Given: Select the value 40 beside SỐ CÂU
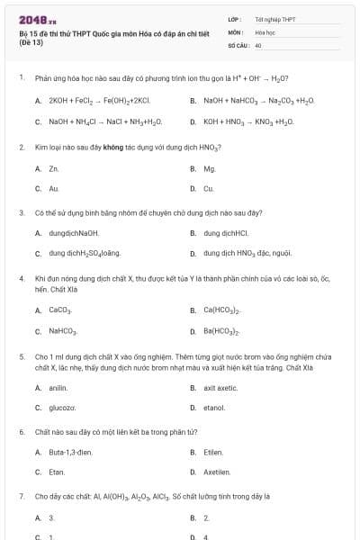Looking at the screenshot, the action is pos(258,44).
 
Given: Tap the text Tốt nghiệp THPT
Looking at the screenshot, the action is pos(274,19).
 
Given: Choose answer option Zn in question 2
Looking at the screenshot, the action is pos(54,168).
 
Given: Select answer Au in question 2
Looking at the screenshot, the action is pos(54,189).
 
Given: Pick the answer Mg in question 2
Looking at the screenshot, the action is pos(210,168).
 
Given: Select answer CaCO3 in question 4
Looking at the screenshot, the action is pos(60,310).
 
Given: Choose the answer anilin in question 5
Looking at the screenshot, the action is pos(58,388).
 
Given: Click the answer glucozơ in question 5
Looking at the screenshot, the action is pos(62,408).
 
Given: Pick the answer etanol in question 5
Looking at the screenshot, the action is pos(214,408).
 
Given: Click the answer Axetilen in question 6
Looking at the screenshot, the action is pos(217,472).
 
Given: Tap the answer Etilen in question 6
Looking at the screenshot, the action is pos(213,452).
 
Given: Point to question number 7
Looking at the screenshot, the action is pos(22,496).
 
